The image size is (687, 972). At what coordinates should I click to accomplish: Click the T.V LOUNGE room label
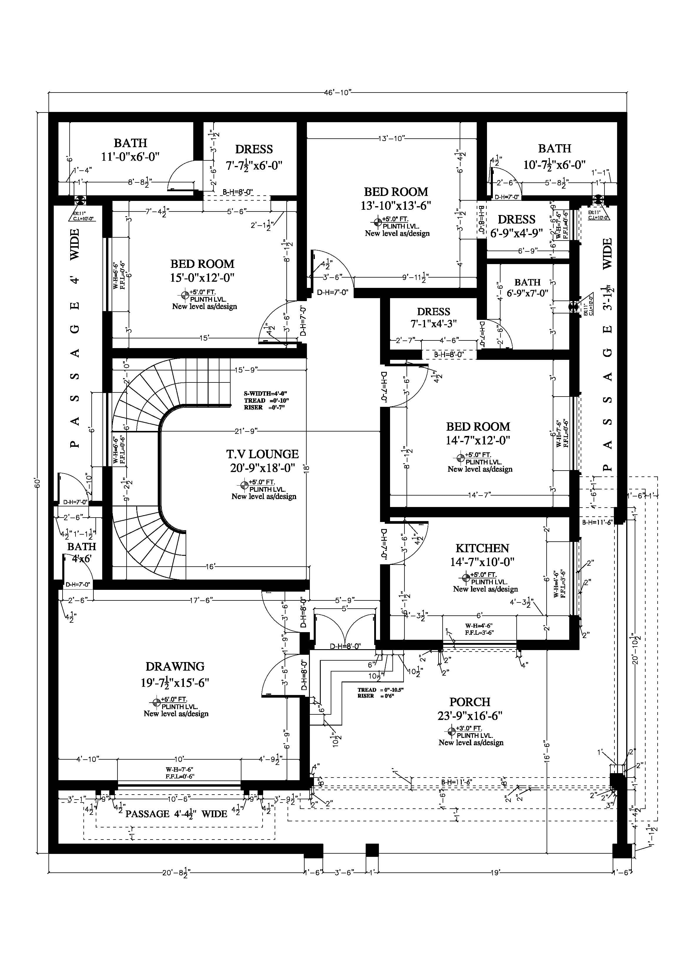point(263,454)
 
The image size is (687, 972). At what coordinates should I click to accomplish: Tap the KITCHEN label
point(482,548)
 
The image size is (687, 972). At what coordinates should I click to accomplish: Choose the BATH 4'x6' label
point(81,553)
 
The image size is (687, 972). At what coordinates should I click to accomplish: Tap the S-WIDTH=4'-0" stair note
point(266,393)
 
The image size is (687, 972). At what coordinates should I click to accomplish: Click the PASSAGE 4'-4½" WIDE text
point(176,814)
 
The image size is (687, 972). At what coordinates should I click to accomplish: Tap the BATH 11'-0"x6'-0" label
point(130,150)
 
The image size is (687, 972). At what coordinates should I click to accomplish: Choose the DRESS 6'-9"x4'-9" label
point(516,226)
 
